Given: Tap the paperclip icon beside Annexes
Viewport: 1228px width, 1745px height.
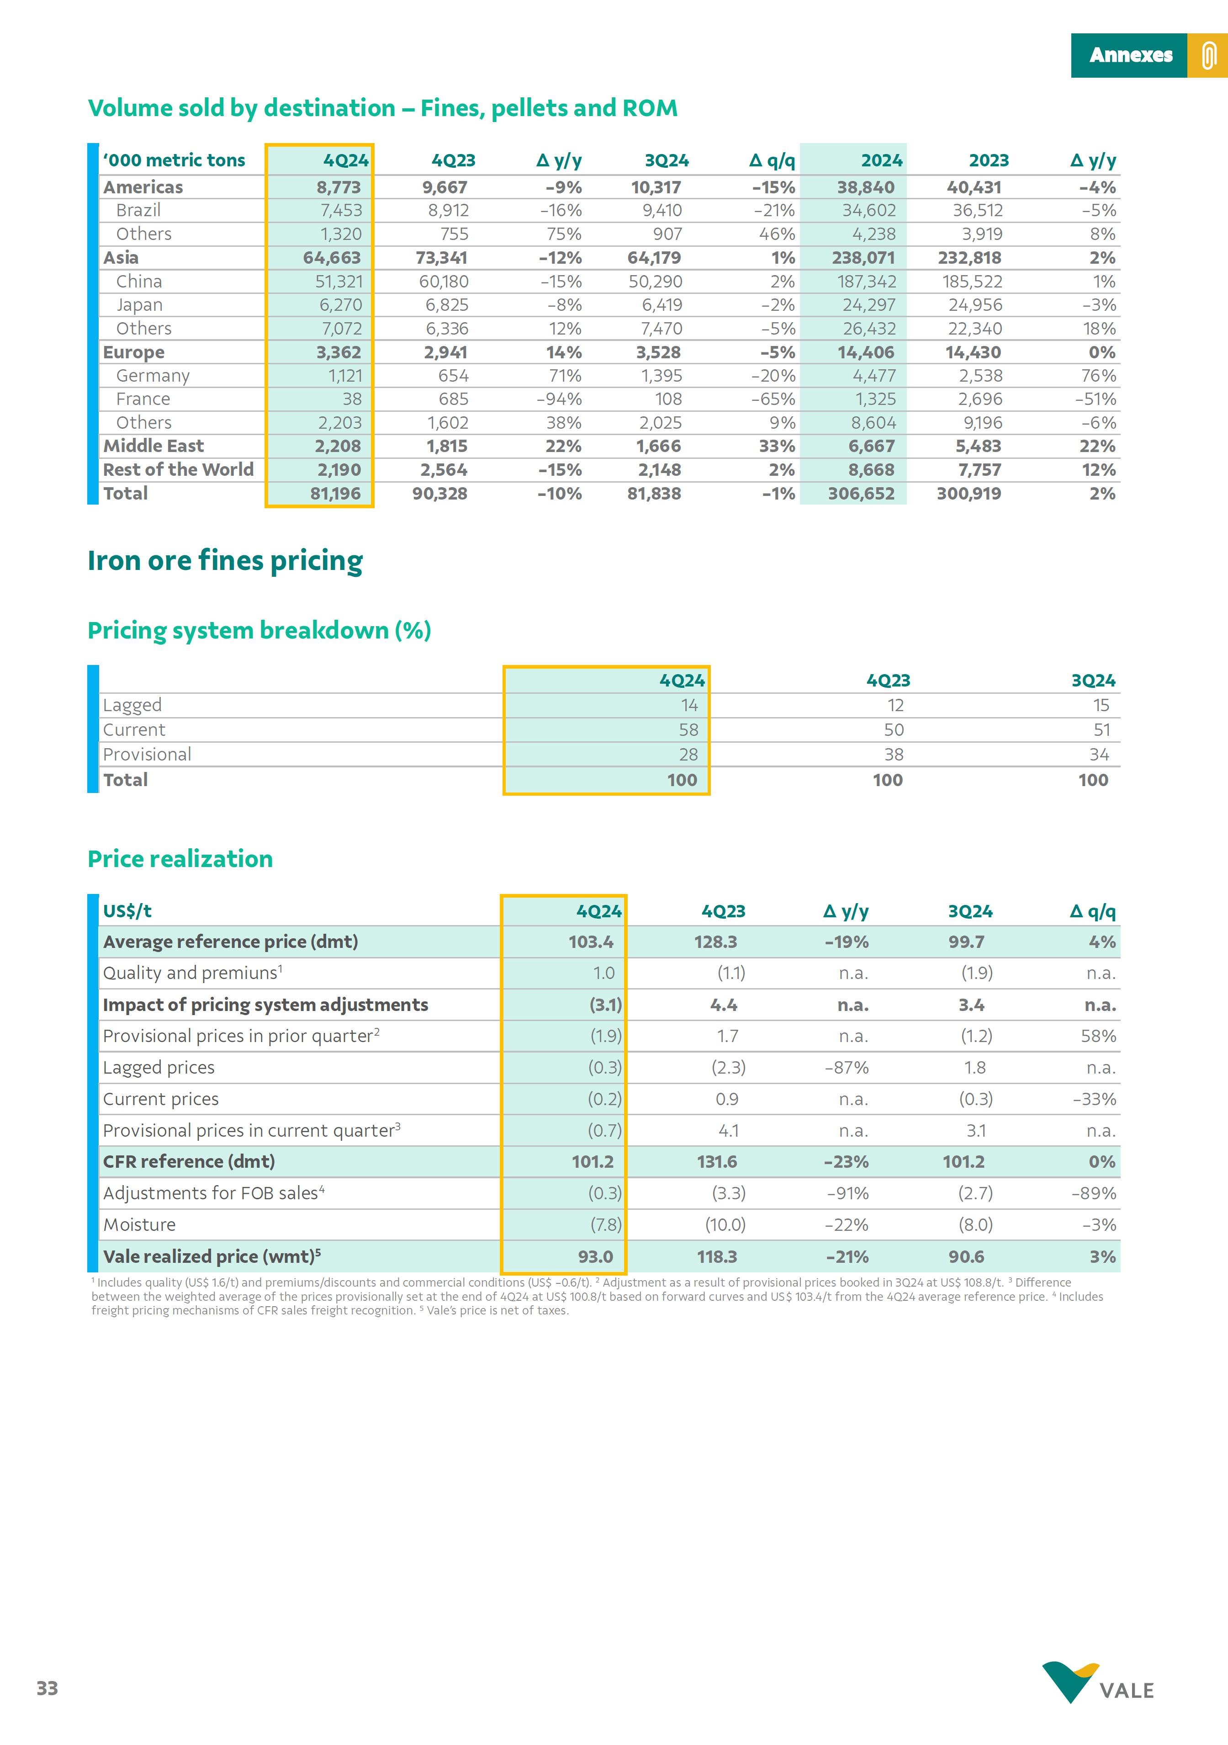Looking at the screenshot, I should coord(1208,55).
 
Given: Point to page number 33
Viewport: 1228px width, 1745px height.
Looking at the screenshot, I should coord(47,1689).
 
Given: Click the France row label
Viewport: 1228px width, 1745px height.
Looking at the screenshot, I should coord(143,399).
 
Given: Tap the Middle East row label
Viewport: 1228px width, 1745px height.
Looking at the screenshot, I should coord(153,446).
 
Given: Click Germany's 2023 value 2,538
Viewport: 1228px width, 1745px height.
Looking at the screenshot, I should coord(979,376).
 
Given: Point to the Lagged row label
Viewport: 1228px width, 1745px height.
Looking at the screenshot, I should coord(132,705).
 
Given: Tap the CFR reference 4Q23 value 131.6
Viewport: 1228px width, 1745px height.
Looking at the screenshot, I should coord(717,1162).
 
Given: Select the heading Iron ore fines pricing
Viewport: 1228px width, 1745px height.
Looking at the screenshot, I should coord(225,561).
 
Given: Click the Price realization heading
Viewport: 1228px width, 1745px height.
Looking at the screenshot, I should coord(180,859).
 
